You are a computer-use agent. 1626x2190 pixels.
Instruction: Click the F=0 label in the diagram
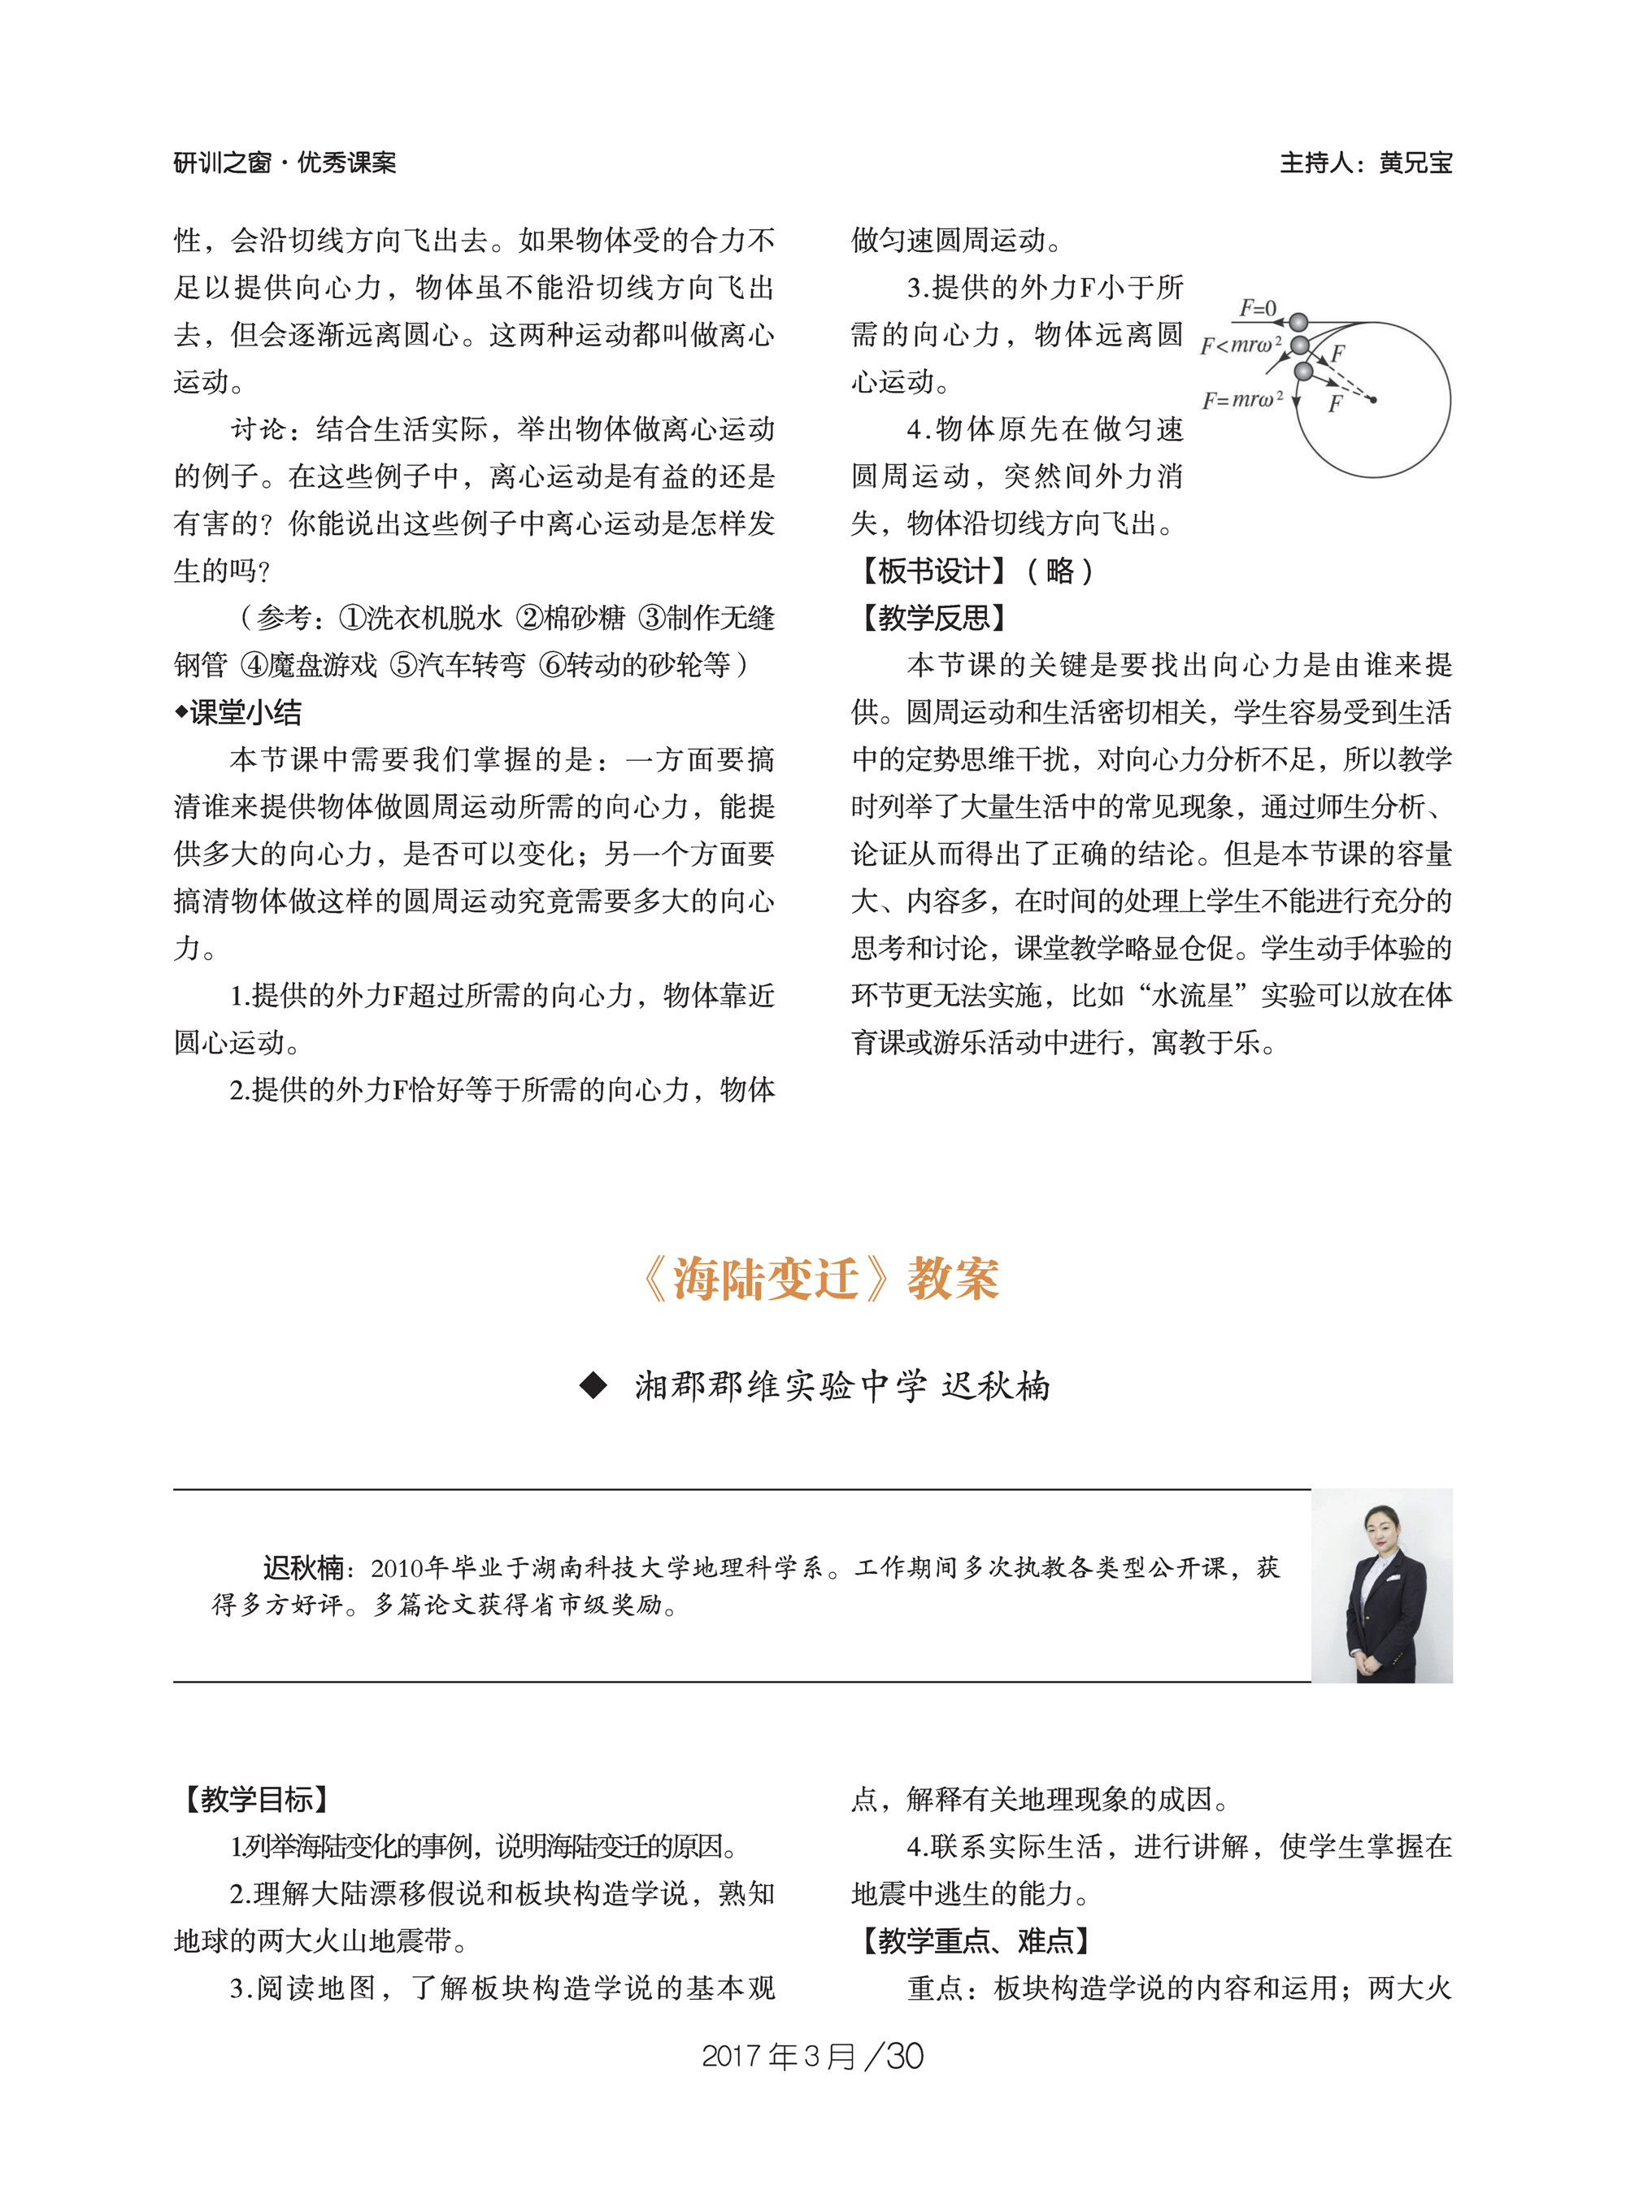1257,308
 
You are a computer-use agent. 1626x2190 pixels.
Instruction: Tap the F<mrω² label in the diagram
1240,345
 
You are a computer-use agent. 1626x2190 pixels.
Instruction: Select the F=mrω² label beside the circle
1242,400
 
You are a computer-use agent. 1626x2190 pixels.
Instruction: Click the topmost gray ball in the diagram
1298,322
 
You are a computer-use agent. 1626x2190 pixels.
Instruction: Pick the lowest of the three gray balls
1303,371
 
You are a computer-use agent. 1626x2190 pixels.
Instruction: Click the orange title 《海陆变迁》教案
820,1280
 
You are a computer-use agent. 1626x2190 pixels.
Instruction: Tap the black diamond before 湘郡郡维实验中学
593,1386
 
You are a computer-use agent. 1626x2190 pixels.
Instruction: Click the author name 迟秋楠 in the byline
996,1386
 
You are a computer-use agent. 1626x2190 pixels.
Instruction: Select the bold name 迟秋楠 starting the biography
303,1567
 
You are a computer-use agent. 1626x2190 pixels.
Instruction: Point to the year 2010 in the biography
398,1568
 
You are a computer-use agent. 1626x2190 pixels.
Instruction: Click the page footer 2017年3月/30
812,2056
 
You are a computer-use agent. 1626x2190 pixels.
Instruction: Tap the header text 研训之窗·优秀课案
285,163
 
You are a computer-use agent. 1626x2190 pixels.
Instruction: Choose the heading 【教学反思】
933,618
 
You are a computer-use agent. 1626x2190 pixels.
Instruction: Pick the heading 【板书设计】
933,571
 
